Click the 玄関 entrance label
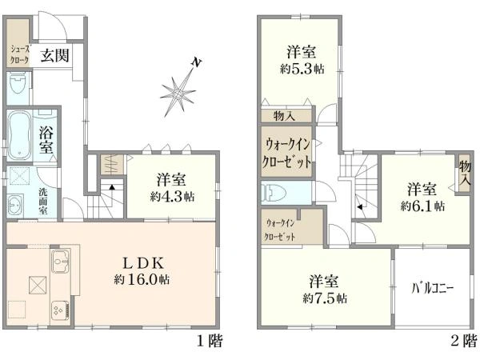point(55,55)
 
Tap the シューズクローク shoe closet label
point(19,54)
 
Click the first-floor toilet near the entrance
point(18,83)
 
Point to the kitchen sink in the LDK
point(60,261)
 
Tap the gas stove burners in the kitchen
point(60,310)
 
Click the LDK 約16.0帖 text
point(142,271)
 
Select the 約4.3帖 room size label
point(172,196)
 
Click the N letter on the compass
point(196,62)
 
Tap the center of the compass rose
point(178,93)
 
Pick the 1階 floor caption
point(210,341)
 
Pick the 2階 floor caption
point(464,341)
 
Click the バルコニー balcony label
point(432,288)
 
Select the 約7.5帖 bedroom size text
point(325,298)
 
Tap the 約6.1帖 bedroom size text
point(422,206)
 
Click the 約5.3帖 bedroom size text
point(302,69)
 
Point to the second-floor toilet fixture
point(274,193)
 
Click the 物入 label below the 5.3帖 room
point(284,116)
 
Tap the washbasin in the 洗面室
point(14,204)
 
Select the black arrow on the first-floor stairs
point(112,187)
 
